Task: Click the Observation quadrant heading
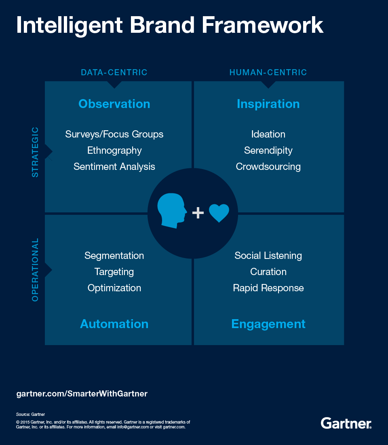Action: (114, 104)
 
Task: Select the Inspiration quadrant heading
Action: (268, 104)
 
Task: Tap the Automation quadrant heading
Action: (114, 324)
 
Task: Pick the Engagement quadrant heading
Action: (268, 324)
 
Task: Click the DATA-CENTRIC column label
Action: (114, 73)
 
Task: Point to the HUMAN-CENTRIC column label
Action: (268, 73)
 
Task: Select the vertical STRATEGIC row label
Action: (36, 152)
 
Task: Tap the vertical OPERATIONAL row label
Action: (36, 270)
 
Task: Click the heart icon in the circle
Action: (219, 213)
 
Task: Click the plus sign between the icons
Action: (198, 213)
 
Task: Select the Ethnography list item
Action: (114, 150)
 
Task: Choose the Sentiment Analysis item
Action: (114, 167)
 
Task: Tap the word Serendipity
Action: (268, 150)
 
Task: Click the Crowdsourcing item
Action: (268, 167)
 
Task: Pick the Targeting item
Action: (114, 272)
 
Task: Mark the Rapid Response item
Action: (268, 288)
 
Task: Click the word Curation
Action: (268, 272)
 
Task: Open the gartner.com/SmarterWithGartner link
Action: (82, 393)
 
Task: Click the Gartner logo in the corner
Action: (346, 423)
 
